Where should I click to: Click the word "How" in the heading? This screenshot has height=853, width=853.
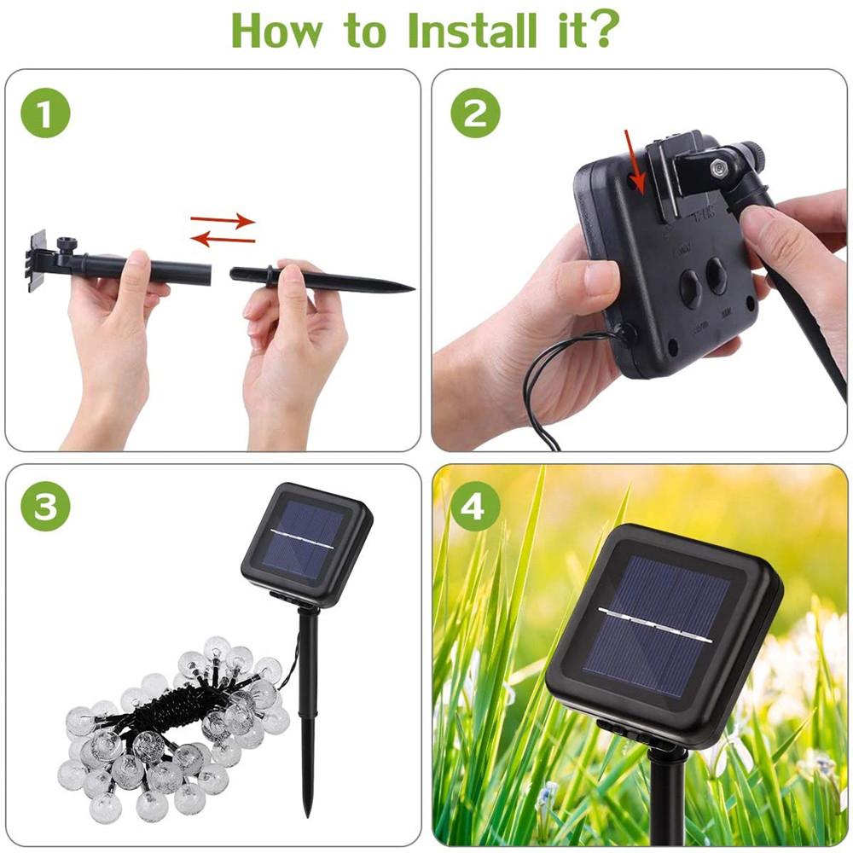click(x=277, y=31)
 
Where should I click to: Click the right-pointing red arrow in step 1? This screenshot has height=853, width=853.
click(x=223, y=220)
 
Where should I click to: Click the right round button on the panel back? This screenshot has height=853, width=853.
click(x=717, y=276)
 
